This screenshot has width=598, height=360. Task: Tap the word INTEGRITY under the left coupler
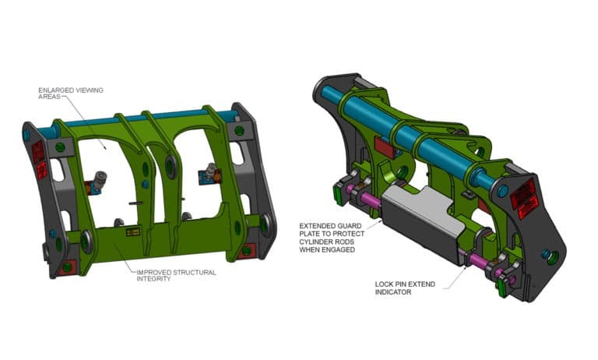(x=153, y=278)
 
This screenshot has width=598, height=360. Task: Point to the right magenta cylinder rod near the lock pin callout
(x=476, y=259)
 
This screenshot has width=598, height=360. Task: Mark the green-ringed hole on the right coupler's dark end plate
(x=552, y=256)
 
